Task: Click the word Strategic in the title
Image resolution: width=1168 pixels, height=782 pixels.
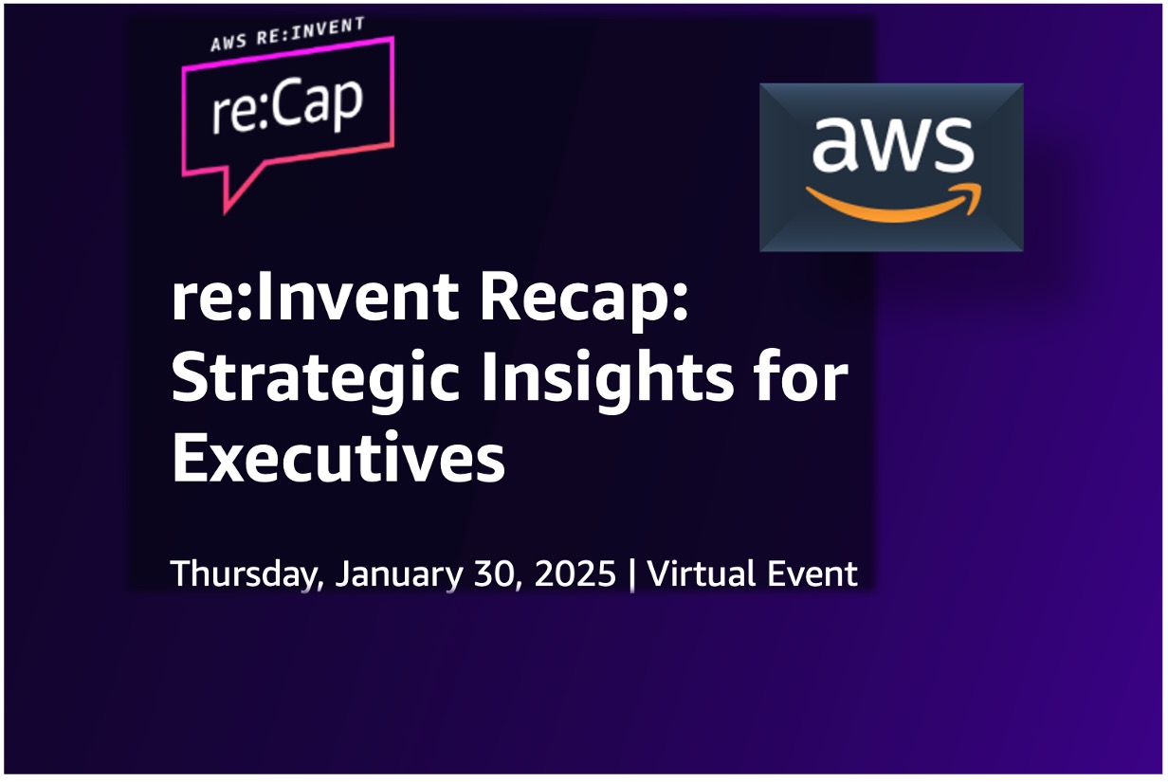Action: click(316, 380)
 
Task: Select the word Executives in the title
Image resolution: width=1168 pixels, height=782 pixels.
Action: click(338, 457)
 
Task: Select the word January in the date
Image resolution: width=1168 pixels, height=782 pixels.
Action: click(399, 574)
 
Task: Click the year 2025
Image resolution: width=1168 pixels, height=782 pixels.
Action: click(575, 574)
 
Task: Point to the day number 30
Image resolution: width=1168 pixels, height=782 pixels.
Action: click(497, 574)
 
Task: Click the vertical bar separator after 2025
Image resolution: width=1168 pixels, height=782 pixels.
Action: click(632, 575)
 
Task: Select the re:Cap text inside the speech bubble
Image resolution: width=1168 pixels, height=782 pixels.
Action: click(287, 107)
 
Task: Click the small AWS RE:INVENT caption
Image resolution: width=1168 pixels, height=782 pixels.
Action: click(287, 34)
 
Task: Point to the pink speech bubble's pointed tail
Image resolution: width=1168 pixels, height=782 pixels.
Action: click(226, 212)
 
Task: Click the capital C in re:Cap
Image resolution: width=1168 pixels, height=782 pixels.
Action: click(290, 103)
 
